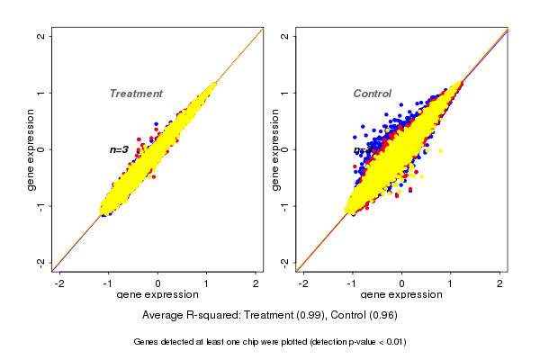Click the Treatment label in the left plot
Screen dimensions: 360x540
click(136, 94)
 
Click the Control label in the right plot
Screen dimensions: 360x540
click(372, 94)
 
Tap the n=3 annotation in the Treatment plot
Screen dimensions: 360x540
click(119, 149)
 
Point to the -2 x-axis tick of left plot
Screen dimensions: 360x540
click(59, 283)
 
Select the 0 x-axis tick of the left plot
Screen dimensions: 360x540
click(158, 283)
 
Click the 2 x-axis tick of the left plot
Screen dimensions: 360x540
click(256, 283)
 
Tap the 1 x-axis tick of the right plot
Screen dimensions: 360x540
click(451, 283)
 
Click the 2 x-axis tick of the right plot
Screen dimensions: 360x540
click(500, 283)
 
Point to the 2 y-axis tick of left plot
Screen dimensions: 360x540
click(41, 36)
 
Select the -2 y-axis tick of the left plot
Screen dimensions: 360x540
click(41, 262)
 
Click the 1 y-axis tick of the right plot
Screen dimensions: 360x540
click(285, 93)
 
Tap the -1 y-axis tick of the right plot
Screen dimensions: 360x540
click(285, 205)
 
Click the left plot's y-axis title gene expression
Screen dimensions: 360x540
click(31, 149)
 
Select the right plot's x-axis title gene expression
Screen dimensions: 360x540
click(401, 295)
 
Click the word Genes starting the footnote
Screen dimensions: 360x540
click(147, 342)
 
